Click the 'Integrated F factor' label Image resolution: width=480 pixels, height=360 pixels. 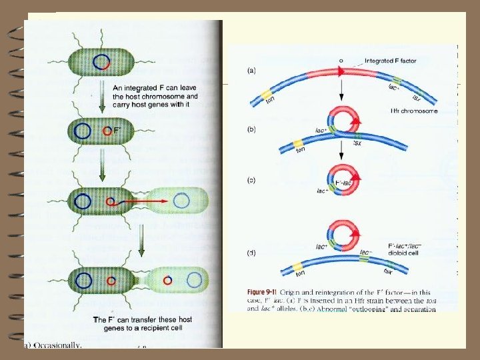click(391, 61)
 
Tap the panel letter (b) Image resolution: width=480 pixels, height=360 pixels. click(252, 128)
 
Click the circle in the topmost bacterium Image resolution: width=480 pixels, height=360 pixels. click(101, 63)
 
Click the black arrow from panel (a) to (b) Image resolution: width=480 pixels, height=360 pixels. click(341, 78)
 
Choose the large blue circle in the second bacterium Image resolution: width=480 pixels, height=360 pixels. click(83, 131)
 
